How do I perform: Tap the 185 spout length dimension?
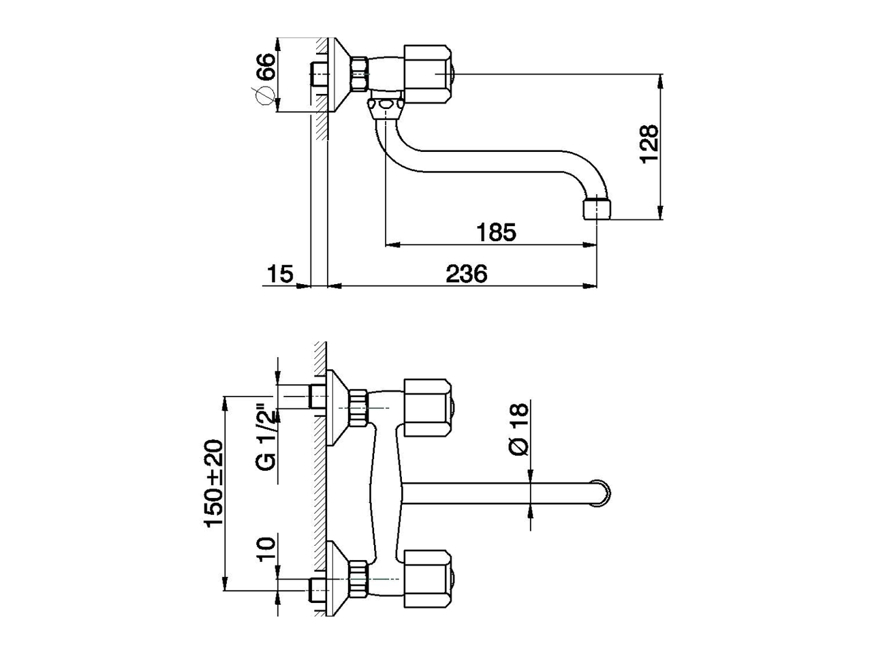pos(495,232)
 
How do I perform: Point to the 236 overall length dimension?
pos(467,274)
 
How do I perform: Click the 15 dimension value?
pos(279,274)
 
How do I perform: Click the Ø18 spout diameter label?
pos(518,429)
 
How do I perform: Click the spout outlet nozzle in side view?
pos(599,208)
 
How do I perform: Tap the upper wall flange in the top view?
pos(338,408)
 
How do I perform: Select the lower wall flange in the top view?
pos(338,579)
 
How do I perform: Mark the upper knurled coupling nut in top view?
pos(358,407)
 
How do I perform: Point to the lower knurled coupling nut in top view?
pos(358,579)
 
